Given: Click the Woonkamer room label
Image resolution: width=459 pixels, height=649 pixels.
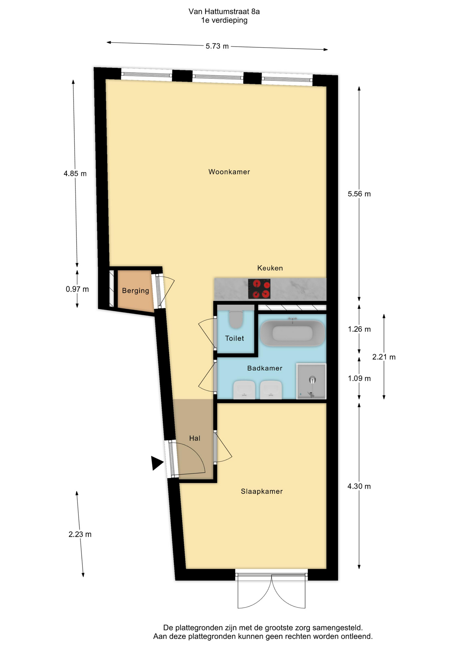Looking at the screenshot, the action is click(229, 172).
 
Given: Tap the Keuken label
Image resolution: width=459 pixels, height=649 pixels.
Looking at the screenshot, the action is click(270, 268).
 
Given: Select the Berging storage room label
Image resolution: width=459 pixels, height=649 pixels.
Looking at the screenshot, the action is click(136, 291).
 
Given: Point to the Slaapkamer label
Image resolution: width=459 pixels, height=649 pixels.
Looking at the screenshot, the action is click(262, 491).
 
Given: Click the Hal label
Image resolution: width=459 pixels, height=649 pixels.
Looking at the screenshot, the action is click(195, 438).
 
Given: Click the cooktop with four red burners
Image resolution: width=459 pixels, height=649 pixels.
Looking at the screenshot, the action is click(259, 289).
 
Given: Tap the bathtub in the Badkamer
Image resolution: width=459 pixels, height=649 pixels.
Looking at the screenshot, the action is click(292, 333).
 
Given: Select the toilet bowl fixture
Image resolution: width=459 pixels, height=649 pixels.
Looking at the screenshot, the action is click(236, 319).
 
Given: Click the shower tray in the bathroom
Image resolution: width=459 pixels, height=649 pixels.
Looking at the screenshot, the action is click(311, 381).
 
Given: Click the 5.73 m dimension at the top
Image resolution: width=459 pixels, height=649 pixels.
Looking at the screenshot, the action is click(217, 46).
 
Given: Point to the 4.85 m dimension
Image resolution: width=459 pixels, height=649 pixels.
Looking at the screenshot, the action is click(75, 174).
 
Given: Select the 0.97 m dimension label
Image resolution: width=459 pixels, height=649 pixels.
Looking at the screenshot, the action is click(77, 289).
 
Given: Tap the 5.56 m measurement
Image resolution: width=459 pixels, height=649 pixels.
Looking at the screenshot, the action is click(359, 194).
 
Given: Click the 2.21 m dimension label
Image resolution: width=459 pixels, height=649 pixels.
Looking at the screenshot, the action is click(384, 357).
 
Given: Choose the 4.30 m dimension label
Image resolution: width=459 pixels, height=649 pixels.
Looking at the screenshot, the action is click(359, 486).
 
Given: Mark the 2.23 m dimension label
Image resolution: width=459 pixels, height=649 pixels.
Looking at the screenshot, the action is click(80, 534).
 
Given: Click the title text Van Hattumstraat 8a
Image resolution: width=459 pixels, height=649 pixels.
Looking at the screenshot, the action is click(224, 11).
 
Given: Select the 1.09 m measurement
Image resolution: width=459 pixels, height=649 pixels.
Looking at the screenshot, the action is click(359, 379).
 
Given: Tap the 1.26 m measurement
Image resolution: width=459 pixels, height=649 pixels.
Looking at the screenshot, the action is click(359, 329).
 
